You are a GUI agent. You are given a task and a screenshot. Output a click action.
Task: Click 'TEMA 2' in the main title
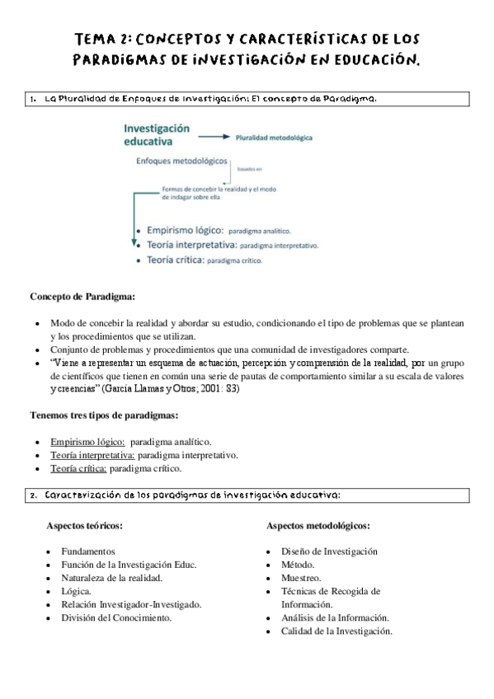coord(101,39)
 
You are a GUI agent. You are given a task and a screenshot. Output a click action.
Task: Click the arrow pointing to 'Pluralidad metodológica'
coord(214,138)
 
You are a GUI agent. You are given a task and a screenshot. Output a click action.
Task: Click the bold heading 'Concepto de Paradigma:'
coord(82,296)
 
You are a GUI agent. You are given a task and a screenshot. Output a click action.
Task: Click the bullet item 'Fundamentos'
coord(82,551)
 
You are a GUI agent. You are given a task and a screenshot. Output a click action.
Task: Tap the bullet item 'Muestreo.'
coord(301,578)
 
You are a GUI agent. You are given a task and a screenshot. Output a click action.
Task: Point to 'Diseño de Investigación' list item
coord(329,551)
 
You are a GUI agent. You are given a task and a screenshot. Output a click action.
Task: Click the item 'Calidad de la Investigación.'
coord(336,631)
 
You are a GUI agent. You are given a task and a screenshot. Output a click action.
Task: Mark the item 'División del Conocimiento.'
coord(111,617)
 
